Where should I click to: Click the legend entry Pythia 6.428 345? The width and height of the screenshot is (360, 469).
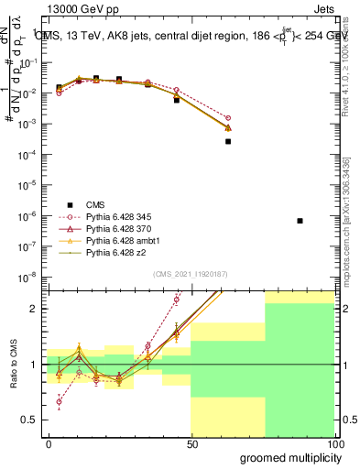(x=121, y=215)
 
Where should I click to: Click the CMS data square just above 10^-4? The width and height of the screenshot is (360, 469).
(x=228, y=141)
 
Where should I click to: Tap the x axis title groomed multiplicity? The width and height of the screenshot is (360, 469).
(x=287, y=457)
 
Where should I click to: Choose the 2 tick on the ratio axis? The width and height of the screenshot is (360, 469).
(x=38, y=309)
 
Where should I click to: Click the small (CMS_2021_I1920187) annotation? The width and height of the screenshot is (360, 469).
(x=190, y=274)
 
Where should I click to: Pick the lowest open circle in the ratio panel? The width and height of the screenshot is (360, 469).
(x=60, y=401)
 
